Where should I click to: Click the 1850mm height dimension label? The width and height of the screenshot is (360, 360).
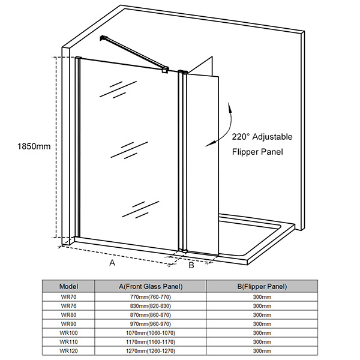[34, 146]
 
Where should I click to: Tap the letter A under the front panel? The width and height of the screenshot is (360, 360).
[112, 262]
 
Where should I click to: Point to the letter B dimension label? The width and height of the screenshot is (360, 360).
[191, 265]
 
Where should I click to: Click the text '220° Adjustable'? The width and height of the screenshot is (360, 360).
[262, 137]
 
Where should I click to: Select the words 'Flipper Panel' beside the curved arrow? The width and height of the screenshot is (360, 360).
[257, 152]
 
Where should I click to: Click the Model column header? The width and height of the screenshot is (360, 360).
[68, 286]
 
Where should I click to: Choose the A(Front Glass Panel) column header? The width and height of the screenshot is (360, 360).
[151, 287]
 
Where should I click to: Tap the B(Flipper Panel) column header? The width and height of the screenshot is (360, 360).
[262, 287]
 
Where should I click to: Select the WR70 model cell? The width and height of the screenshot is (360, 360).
[68, 297]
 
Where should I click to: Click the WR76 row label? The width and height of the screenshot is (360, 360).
[68, 306]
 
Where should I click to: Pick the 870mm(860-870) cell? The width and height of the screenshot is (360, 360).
[151, 315]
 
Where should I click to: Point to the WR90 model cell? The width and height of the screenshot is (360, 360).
[68, 324]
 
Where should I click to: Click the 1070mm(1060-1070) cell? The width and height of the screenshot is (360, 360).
[151, 333]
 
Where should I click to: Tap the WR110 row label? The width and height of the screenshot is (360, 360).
[68, 342]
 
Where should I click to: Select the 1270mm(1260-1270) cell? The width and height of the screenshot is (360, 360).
[151, 351]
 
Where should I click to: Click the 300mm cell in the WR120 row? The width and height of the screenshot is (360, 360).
[262, 351]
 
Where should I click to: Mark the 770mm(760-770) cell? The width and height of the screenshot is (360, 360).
[151, 297]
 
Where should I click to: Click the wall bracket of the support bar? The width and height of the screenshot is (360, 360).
[104, 38]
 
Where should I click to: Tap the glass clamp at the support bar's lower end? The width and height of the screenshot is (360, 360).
[166, 70]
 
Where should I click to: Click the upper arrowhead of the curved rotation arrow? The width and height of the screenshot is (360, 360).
[229, 107]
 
